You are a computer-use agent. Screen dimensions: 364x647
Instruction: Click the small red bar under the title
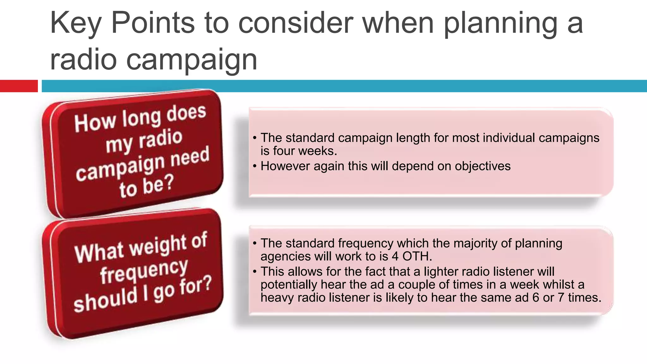point(19,86)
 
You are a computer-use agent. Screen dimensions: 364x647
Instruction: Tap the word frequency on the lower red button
point(144,270)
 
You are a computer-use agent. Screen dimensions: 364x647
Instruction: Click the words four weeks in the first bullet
point(305,151)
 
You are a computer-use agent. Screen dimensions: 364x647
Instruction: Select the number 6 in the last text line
point(535,298)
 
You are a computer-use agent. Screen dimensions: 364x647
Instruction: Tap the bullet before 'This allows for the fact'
point(255,272)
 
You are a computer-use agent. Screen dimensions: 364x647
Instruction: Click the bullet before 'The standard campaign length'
point(255,138)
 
